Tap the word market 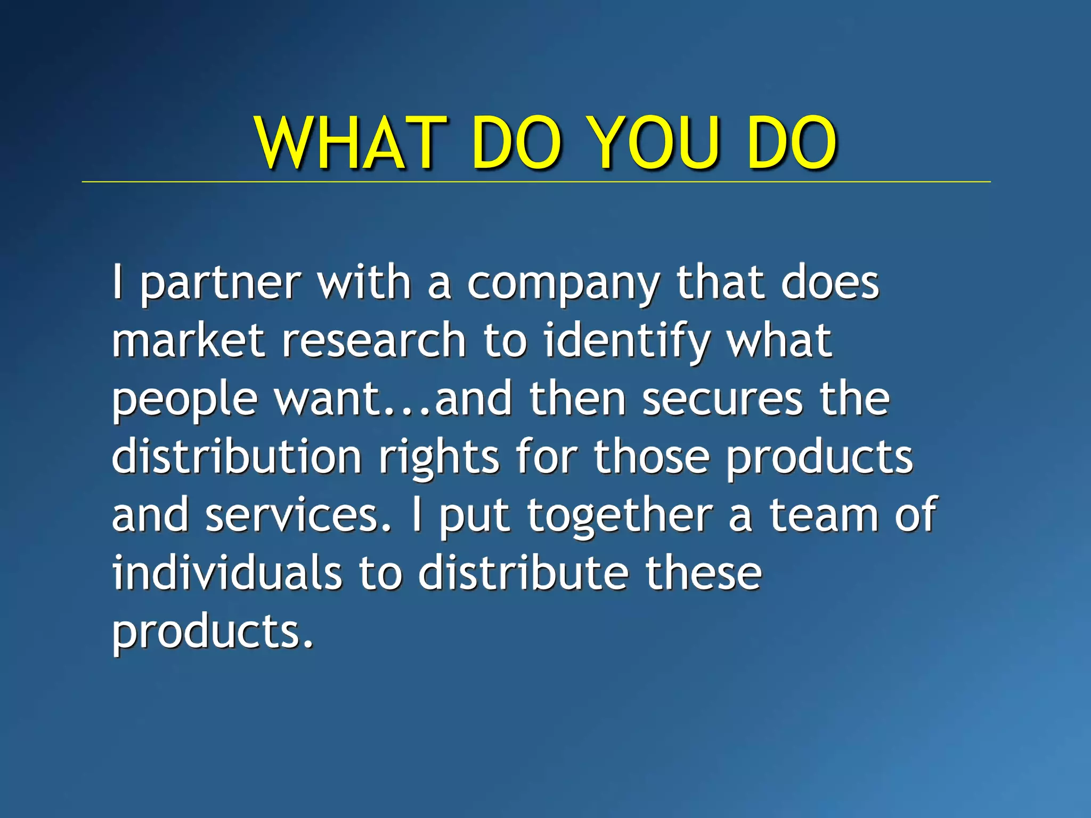coord(188,341)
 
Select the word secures coord(722,399)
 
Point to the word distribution coord(237,457)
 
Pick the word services coord(298,516)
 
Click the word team coord(824,516)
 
